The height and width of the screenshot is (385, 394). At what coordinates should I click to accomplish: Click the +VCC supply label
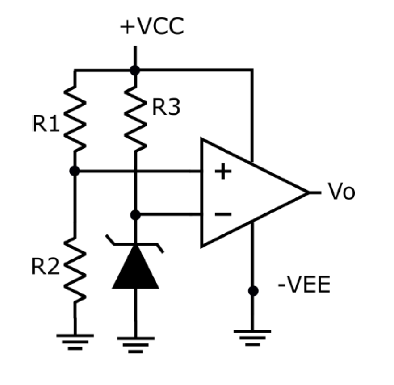[x=151, y=27]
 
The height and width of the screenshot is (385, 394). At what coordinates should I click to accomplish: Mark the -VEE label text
[x=304, y=285]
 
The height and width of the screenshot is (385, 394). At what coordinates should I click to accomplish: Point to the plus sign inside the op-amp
[x=222, y=172]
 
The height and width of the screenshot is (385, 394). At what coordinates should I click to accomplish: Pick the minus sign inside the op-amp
[x=222, y=215]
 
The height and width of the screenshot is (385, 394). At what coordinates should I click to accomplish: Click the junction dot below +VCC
[x=135, y=70]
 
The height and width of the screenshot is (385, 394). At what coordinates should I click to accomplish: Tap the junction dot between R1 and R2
[x=75, y=171]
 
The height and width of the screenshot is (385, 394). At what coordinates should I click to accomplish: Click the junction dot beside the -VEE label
[x=253, y=291]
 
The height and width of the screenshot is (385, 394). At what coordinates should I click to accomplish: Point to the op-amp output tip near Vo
[x=309, y=192]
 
